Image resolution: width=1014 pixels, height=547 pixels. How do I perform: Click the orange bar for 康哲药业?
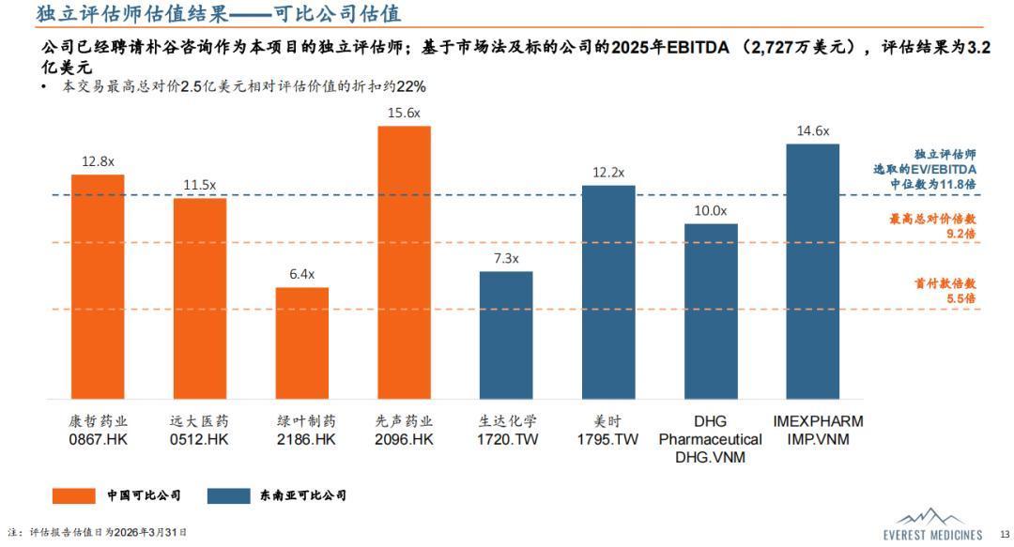98,286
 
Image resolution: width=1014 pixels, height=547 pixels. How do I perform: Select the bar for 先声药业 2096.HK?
404,262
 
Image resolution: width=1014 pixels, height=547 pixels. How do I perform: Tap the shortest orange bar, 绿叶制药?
302,342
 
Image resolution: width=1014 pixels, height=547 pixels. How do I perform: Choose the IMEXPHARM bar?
812,271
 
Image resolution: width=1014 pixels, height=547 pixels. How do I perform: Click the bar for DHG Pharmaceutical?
711,311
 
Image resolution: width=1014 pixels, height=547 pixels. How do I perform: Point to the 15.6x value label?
404,113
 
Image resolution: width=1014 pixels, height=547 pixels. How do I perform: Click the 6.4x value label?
302,274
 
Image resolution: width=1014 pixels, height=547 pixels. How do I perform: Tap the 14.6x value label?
812,130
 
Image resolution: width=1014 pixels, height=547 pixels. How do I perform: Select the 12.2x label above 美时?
608,173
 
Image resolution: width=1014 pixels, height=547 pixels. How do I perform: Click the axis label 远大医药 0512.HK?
199,430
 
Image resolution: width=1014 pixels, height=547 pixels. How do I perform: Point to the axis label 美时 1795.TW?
608,430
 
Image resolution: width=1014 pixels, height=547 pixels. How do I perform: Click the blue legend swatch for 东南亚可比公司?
227,495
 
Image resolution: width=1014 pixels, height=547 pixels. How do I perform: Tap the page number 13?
1004,534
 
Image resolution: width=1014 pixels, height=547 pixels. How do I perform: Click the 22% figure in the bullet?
411,86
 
